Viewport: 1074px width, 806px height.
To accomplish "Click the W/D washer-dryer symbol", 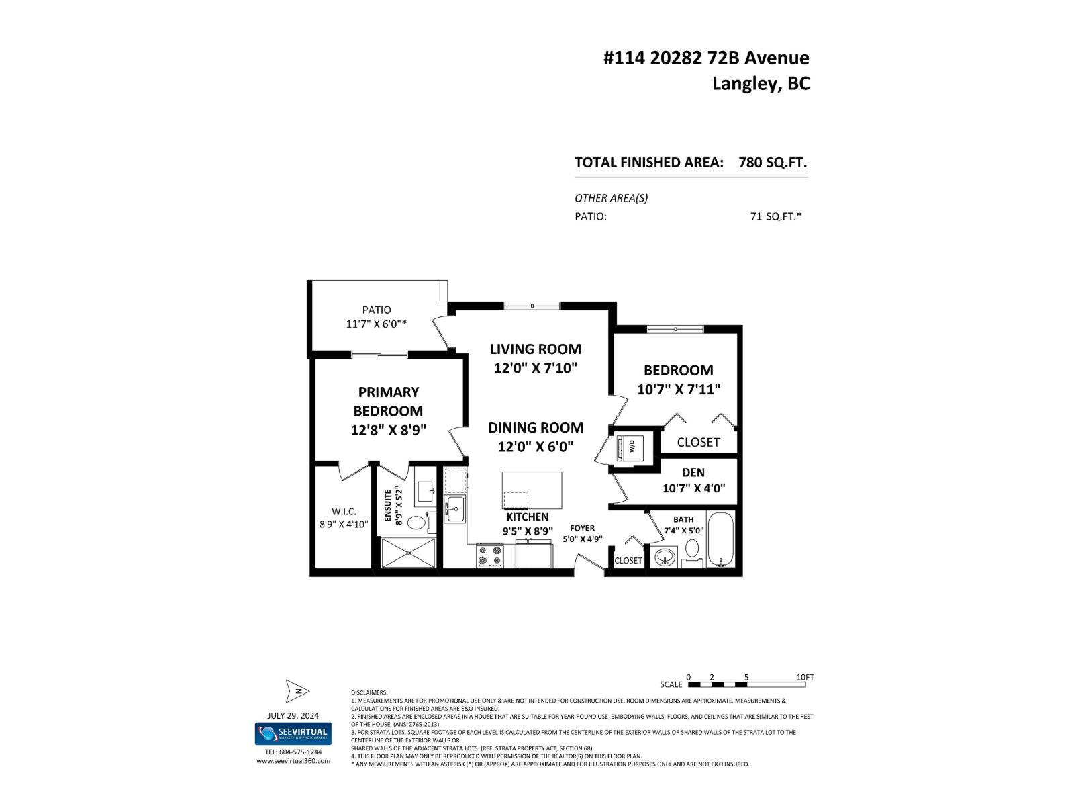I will coord(631,445).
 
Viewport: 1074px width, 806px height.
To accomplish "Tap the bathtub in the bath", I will coord(722,539).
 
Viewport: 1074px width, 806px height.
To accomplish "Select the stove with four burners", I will coord(490,555).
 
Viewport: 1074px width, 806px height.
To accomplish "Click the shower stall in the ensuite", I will coord(408,554).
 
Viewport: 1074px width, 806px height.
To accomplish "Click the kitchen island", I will coord(532,491).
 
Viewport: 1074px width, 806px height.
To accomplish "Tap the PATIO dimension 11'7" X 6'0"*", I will coord(377,324).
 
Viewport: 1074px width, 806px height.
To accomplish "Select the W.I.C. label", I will coord(344,512).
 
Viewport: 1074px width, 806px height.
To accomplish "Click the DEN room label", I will coord(693,473).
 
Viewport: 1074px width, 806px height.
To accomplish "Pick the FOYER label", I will coord(582,528).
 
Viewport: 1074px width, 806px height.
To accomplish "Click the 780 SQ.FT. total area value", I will coord(772,163).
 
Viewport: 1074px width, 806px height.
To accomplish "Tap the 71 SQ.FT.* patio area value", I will coord(776,216).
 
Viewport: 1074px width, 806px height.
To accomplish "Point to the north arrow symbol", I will coord(296,690).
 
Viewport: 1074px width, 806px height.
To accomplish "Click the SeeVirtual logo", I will coord(293,733).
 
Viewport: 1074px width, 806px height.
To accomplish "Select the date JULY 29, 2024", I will coord(293,715).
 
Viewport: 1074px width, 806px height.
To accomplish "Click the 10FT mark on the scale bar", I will coord(805,677).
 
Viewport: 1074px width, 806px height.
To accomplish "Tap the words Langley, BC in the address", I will coord(761,84).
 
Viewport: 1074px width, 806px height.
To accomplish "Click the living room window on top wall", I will coord(532,306).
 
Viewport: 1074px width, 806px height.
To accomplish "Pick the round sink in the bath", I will coord(665,557).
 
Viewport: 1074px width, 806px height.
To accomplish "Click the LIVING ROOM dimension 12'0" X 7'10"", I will coord(536,368).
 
